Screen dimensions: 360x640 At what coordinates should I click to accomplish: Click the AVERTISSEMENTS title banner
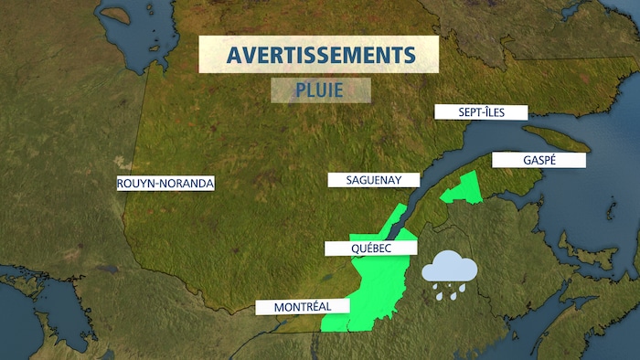(x=319, y=55)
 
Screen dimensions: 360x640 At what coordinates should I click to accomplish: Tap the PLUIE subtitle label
(x=320, y=90)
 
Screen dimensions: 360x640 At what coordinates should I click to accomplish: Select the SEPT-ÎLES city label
(x=481, y=112)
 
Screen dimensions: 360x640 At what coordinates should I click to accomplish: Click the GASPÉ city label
(x=527, y=160)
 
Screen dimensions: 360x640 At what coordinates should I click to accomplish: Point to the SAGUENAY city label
(x=375, y=180)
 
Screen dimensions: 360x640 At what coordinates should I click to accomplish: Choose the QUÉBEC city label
(x=371, y=248)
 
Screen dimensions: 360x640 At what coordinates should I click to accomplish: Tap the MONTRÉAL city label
(x=293, y=307)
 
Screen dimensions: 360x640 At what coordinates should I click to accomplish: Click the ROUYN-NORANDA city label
(x=165, y=184)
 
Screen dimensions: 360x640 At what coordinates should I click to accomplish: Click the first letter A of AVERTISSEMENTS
(x=236, y=55)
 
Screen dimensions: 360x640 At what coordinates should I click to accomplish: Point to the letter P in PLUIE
(x=301, y=90)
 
